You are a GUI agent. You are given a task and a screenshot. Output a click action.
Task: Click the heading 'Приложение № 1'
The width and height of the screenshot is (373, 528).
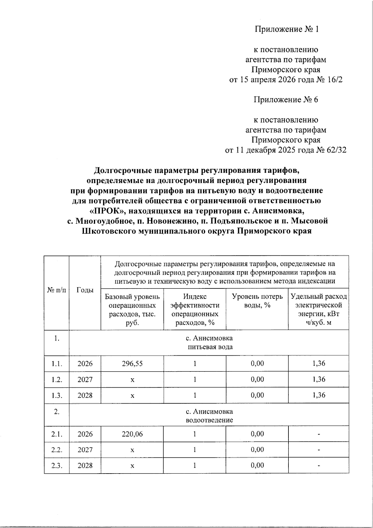point(287,29)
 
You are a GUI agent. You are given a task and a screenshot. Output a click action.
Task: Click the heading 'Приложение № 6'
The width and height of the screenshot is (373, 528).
point(286,100)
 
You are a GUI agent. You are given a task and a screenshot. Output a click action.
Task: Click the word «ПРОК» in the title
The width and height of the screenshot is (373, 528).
point(107,211)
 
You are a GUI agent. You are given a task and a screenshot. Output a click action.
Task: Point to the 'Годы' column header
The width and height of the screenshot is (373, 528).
point(85,290)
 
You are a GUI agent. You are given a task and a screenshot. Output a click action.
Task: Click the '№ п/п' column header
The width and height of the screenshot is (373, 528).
point(57,290)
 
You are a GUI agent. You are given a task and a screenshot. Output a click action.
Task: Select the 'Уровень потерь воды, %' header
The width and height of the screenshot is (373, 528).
point(257,301)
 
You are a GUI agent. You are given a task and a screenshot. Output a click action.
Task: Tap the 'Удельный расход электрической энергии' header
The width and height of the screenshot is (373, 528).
point(319,309)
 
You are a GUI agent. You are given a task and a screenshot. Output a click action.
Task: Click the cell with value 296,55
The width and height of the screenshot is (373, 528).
point(132,363)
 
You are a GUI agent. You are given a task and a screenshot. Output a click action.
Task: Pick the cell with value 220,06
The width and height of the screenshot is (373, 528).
point(132,434)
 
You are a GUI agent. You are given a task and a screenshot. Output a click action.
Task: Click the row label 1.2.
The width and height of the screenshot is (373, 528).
point(57,380)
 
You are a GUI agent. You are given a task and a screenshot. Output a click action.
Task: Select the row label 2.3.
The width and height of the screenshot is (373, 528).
point(57,466)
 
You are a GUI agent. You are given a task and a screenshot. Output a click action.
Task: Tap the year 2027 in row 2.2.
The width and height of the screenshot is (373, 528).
point(85,450)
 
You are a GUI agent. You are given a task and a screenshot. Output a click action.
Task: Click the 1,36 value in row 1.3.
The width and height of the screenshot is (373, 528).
point(319,395)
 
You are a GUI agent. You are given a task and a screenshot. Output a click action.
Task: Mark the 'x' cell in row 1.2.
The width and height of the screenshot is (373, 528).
point(132,380)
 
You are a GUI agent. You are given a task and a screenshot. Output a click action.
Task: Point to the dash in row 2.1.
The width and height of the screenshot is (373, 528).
point(319,434)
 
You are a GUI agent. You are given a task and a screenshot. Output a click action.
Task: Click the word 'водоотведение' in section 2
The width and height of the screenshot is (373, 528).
point(210,420)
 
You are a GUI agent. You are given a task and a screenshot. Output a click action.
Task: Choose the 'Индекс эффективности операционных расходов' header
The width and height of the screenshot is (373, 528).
point(195,309)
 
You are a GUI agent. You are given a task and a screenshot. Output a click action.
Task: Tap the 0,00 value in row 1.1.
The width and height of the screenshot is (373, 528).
point(257,363)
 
